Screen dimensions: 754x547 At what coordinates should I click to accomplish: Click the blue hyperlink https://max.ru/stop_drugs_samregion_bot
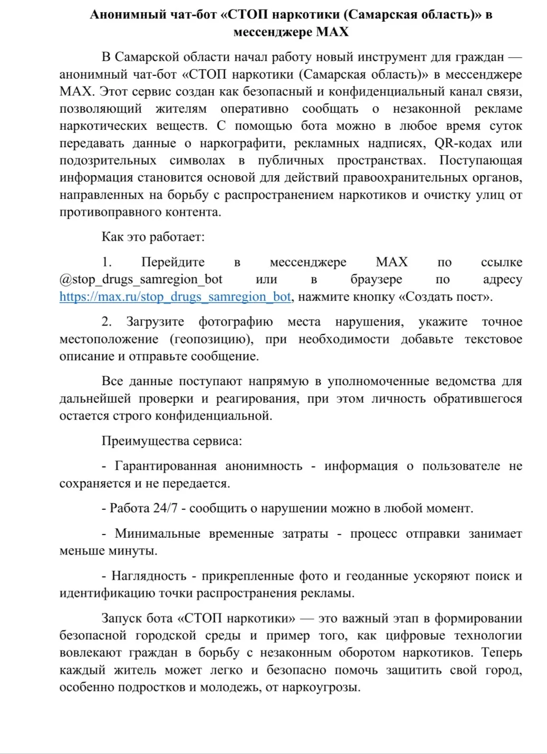point(175,297)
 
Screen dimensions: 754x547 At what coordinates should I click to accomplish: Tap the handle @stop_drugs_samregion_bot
point(141,279)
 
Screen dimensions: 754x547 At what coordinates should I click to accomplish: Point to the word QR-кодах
point(462,143)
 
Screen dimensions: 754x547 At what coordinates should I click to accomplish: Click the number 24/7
point(166,508)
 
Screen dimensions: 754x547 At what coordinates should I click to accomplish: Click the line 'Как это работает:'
point(153,236)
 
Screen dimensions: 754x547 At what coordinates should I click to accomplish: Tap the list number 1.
point(107,262)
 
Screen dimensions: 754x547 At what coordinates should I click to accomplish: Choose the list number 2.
point(107,322)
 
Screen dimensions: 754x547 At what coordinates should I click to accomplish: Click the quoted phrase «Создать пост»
point(445,297)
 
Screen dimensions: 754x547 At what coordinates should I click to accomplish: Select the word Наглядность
point(149,576)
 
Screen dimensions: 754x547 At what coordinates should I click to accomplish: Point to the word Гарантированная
point(165,466)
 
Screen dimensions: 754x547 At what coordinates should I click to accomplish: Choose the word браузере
point(376,279)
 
